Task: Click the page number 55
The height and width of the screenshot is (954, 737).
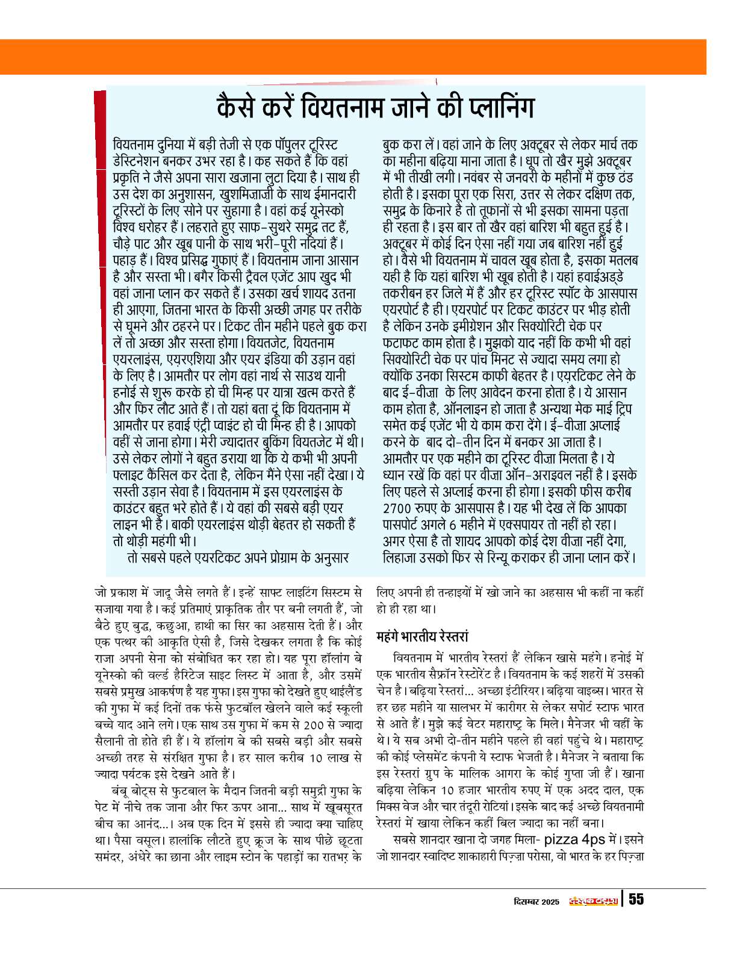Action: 636,899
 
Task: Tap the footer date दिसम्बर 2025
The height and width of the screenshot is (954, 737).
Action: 537,902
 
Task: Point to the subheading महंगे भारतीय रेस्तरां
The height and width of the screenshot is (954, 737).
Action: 422,636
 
